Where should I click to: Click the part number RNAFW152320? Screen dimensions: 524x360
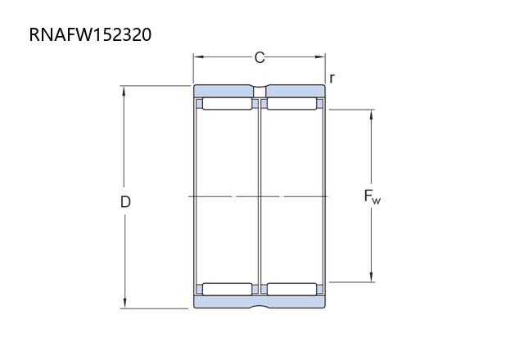[90, 34]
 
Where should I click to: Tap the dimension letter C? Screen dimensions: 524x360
[260, 57]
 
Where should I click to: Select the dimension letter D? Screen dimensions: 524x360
[125, 202]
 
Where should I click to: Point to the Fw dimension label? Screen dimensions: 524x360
[372, 196]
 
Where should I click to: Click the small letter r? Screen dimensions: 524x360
[332, 79]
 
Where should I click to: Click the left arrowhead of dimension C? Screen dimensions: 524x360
[198, 57]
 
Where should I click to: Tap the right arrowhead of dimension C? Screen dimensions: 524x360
[320, 57]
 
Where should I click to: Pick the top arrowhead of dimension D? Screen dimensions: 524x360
[124, 91]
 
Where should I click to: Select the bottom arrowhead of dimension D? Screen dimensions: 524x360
[124, 303]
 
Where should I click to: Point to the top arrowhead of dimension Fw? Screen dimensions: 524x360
[371, 115]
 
